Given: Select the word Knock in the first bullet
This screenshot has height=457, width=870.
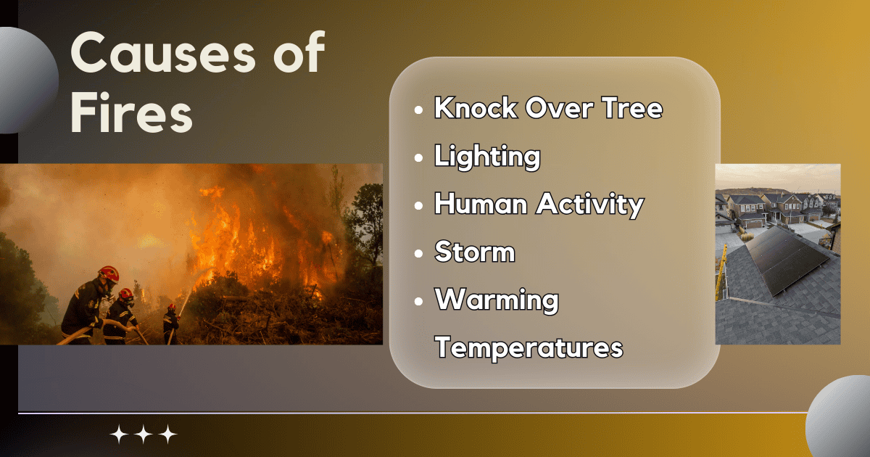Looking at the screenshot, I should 476,108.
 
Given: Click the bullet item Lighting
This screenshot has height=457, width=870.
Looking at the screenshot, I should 486,157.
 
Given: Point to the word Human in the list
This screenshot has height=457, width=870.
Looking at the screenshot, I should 480,205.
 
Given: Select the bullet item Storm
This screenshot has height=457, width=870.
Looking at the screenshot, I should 474,252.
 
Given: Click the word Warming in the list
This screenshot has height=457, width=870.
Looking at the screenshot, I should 496,300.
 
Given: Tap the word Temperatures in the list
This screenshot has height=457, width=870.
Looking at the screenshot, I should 529,347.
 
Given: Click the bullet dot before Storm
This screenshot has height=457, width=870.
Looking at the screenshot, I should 418,254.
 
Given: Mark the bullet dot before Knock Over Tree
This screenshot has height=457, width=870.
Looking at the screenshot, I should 418,110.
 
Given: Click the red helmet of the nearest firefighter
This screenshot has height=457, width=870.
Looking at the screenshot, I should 109,273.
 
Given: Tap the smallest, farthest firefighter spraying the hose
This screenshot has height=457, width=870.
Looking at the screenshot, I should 170,324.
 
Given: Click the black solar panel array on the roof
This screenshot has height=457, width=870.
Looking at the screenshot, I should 786,254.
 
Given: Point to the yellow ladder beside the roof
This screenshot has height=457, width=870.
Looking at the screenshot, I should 721,272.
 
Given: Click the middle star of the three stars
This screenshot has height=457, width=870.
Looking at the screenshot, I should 144,435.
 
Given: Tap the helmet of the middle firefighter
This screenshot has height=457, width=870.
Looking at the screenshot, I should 126,294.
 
